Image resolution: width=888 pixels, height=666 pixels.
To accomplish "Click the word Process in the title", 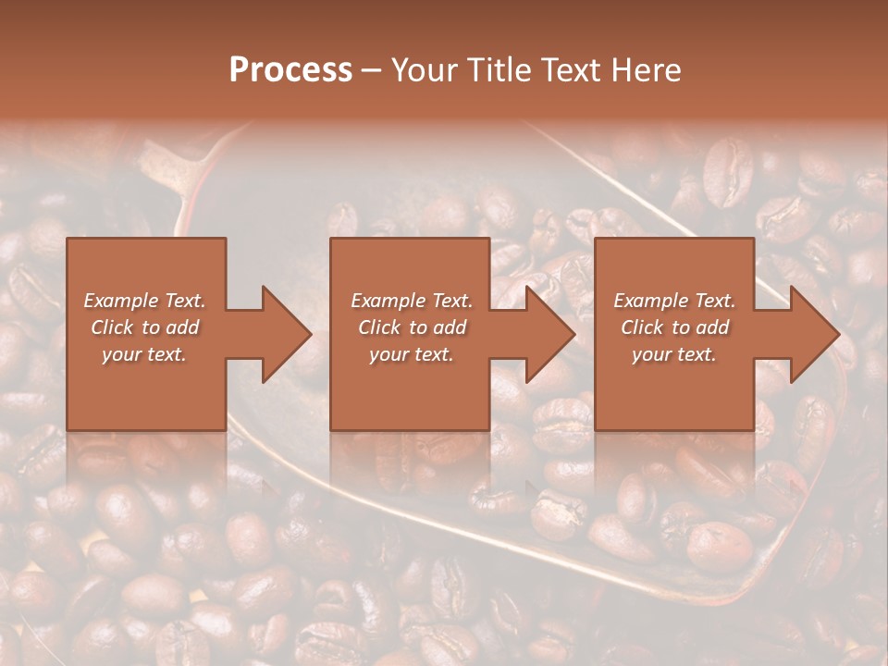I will [290, 70].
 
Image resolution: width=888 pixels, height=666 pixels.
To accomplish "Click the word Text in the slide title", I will [569, 70].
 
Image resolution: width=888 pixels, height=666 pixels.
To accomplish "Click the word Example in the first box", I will [120, 301].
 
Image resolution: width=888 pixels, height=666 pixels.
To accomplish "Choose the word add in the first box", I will [182, 327].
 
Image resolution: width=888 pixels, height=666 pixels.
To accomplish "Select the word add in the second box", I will [450, 327].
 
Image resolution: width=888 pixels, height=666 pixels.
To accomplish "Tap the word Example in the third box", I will [650, 301].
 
